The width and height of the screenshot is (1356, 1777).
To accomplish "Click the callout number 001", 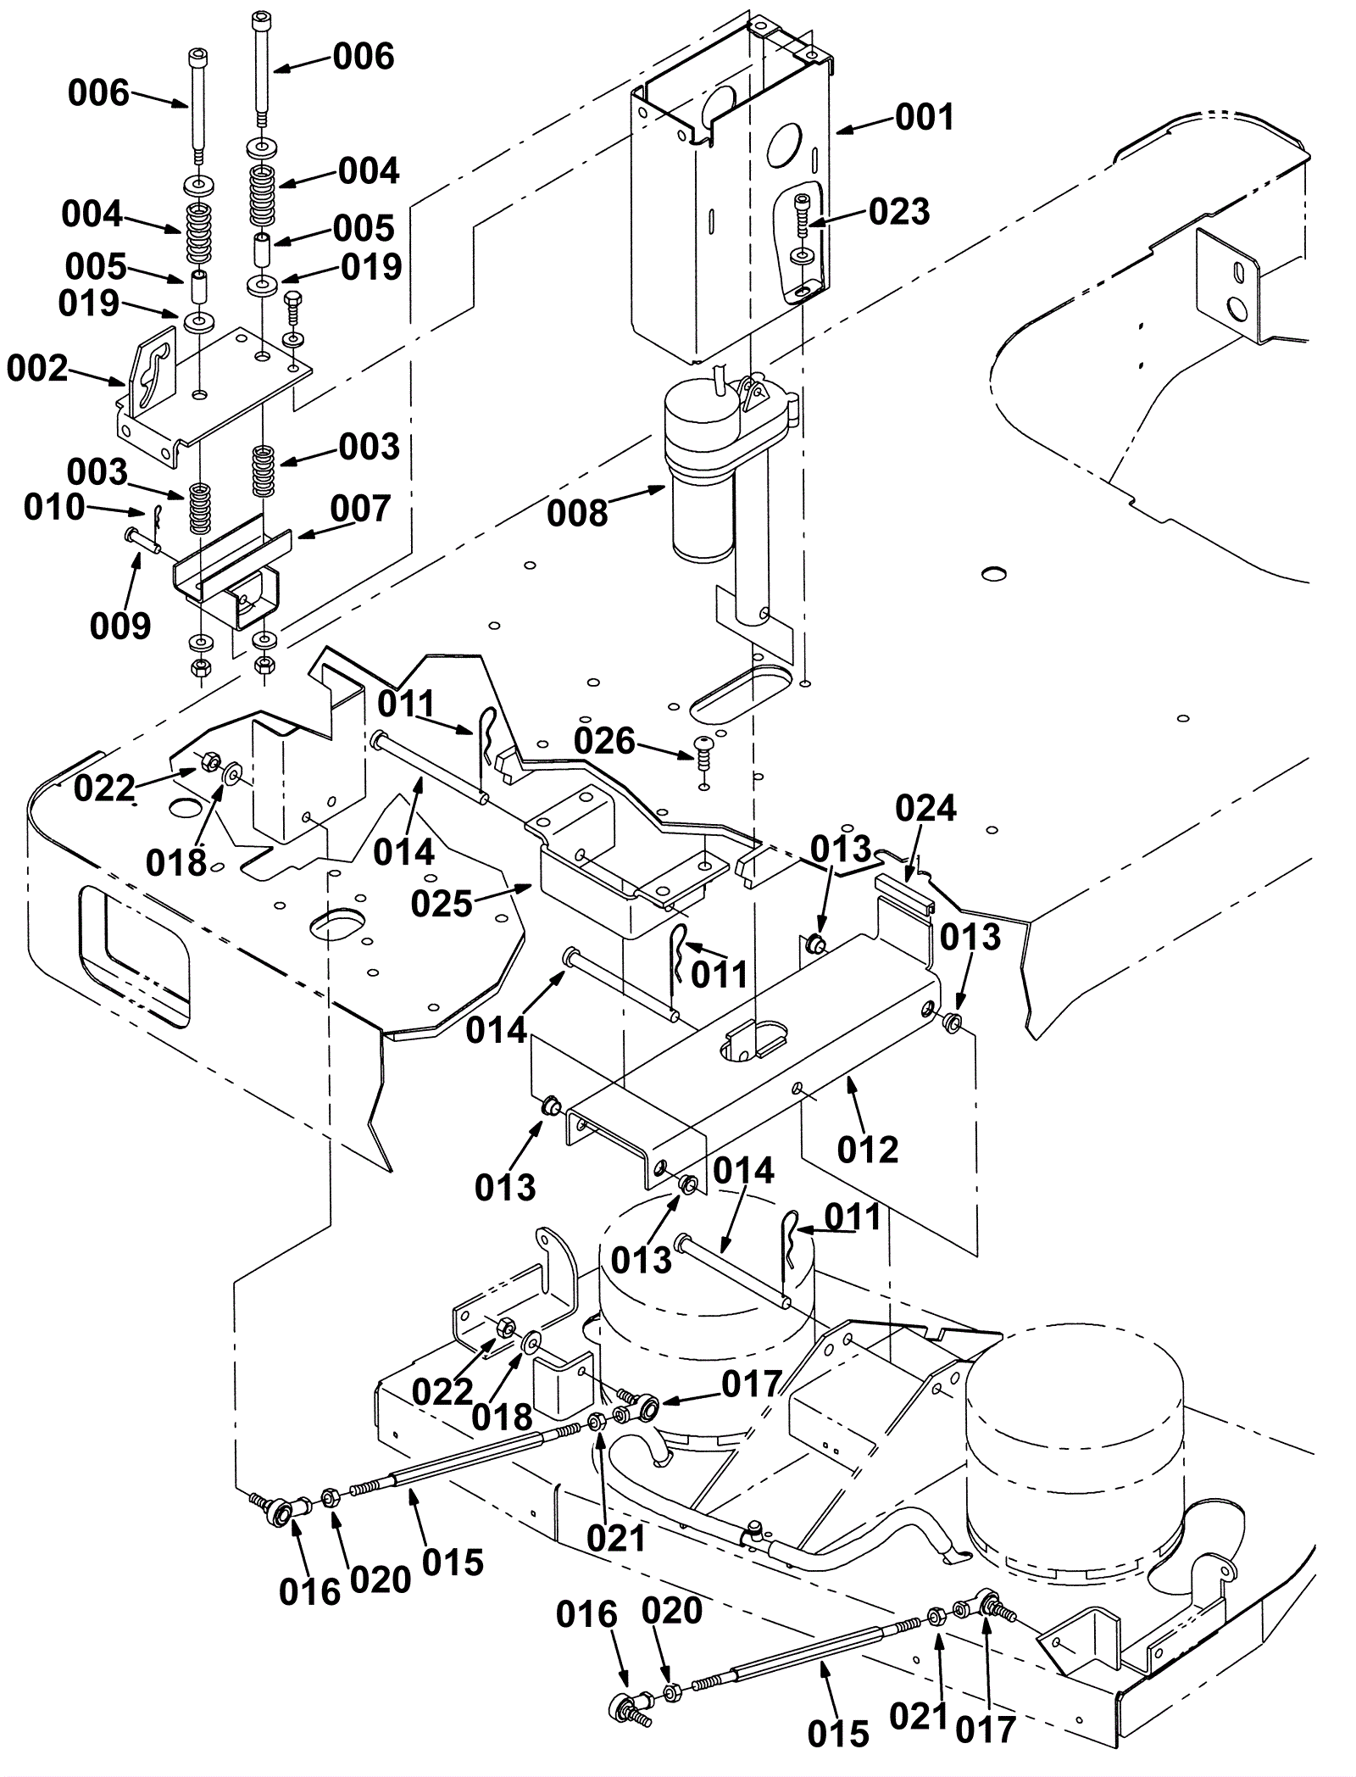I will [925, 117].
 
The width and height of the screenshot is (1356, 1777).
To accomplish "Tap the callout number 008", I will [577, 513].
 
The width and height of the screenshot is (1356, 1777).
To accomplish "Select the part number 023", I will [899, 211].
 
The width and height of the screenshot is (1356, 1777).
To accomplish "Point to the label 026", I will [604, 741].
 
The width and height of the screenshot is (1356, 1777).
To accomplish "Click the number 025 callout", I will [441, 905].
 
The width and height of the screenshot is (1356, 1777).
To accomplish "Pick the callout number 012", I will [867, 1150].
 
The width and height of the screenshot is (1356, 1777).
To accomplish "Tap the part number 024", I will [925, 809].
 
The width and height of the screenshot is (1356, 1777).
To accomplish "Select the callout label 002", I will [37, 369].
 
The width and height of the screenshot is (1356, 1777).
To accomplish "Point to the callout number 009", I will [120, 626].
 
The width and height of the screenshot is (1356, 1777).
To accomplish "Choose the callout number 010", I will [54, 507].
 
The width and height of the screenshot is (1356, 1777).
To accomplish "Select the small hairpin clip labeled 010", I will [158, 515].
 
